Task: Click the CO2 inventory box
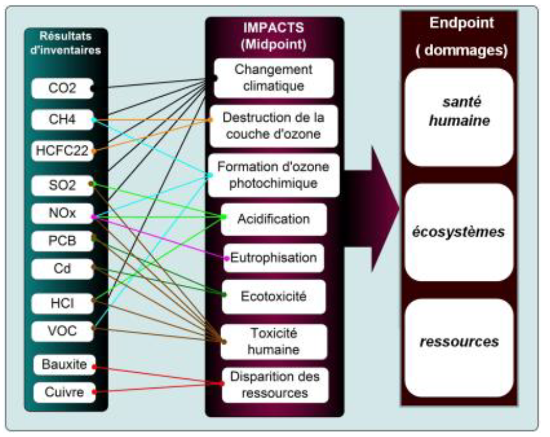click(62, 88)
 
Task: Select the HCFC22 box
click(62, 150)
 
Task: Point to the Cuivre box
click(62, 391)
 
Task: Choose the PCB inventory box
click(62, 241)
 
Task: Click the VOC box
click(62, 329)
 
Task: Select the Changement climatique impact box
click(273, 78)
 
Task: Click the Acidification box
click(273, 219)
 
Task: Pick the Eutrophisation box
click(273, 258)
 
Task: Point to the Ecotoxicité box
click(273, 296)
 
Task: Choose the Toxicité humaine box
click(273, 341)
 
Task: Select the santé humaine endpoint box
click(459, 116)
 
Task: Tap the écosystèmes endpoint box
click(459, 232)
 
